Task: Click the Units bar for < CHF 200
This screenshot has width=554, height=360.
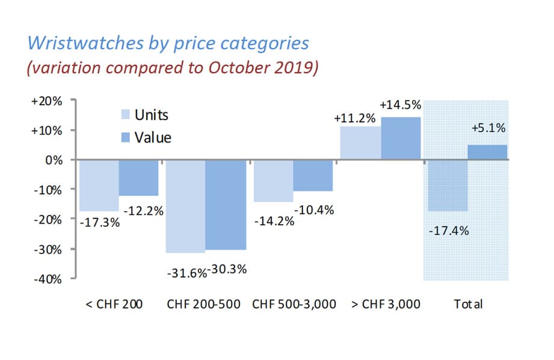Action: point(98,185)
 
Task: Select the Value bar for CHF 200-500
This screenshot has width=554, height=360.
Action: point(226,204)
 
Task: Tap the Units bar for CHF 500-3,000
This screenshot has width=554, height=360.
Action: point(272,181)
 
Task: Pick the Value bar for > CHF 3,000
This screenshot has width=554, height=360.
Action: point(401,138)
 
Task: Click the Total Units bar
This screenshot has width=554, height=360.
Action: point(448,185)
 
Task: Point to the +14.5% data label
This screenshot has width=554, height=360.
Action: point(401,105)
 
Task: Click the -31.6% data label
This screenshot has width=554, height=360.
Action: point(186,271)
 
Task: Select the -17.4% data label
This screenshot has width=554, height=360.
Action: point(448,230)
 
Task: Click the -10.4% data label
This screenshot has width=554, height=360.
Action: point(313,210)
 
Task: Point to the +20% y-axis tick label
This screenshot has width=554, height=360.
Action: point(46,101)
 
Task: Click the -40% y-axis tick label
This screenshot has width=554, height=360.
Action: point(46,279)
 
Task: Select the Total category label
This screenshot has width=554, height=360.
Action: point(468,304)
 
